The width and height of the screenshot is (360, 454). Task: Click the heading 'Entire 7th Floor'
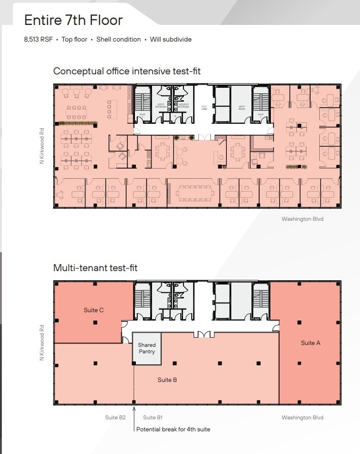pos(73,20)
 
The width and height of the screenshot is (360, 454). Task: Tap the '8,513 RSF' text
pos(38,40)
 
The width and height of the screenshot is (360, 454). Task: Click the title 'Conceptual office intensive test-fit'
pos(127,71)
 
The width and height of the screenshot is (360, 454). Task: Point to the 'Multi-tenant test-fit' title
pos(95,268)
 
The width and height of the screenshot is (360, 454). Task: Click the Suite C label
pos(93,310)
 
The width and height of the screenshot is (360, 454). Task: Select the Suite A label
pos(311,343)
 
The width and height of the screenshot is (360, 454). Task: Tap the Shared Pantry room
pos(146,348)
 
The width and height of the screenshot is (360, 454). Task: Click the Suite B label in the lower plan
pos(167,380)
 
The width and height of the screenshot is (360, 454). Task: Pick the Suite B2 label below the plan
pos(115,418)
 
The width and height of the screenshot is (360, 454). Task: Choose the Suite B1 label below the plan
pos(153,418)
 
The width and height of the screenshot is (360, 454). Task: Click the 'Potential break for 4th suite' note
pos(173,430)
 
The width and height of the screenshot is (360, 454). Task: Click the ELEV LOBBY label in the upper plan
pos(204,107)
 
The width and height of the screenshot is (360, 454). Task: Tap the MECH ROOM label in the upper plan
pos(241,107)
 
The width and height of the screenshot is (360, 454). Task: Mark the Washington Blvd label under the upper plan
pos(302,219)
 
